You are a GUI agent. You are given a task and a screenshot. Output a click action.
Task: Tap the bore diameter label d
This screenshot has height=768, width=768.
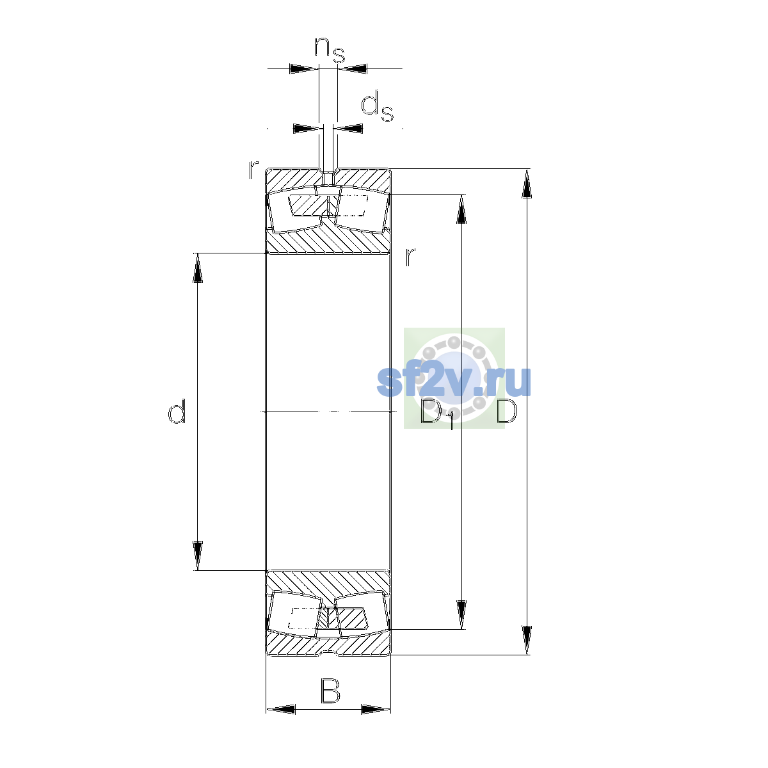[x=177, y=411]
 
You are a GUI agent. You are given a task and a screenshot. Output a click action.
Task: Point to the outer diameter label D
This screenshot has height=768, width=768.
[x=506, y=411]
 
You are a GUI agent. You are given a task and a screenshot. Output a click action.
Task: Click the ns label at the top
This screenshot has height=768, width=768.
[x=330, y=50]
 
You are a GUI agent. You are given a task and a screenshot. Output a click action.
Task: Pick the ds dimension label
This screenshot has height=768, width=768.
[x=377, y=106]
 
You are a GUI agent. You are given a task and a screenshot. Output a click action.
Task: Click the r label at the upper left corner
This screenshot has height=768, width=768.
[x=253, y=170]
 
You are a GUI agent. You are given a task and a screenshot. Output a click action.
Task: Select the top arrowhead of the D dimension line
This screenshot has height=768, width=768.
[x=527, y=183]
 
